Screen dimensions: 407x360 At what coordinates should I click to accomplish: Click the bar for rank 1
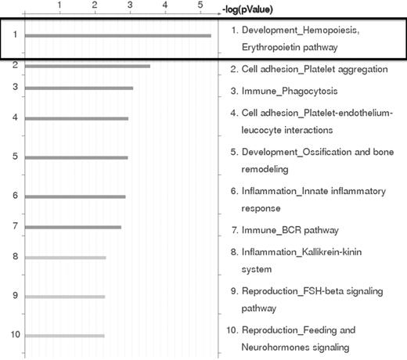click(x=117, y=36)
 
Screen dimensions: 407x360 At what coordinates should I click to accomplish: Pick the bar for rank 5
click(x=76, y=157)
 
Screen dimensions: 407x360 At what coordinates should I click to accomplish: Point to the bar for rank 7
click(x=73, y=228)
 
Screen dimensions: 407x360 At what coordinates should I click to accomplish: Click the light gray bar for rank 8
click(x=65, y=257)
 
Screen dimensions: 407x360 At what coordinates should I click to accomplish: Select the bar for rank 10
click(x=64, y=336)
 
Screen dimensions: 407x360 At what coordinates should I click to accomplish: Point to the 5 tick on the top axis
click(x=201, y=7)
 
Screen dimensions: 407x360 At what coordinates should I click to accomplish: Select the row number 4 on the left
click(x=16, y=117)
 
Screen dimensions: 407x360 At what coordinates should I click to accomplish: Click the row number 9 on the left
click(x=16, y=296)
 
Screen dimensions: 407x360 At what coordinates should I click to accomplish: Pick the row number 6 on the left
click(x=16, y=194)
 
